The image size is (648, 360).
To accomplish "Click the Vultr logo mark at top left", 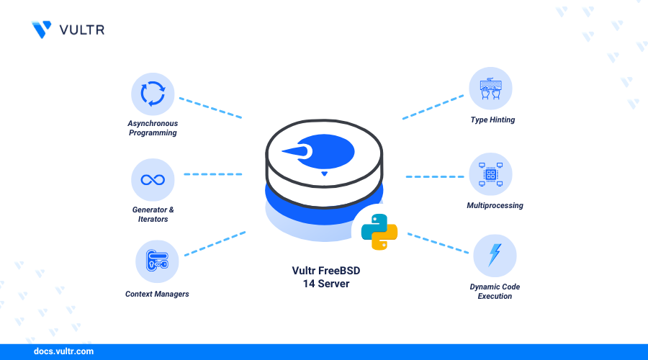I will (42, 29).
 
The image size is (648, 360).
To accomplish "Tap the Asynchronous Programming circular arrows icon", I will (153, 94).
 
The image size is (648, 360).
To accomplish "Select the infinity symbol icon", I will (153, 179).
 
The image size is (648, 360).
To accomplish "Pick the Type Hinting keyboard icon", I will (490, 89).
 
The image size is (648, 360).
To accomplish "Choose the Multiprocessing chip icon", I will (490, 174).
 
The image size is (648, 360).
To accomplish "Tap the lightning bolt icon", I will (495, 256).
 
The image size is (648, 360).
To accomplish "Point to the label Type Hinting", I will (493, 120).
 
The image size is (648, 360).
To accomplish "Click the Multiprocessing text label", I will (495, 205).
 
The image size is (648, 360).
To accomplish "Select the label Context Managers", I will (157, 294).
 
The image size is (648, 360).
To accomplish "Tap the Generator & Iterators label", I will (153, 214).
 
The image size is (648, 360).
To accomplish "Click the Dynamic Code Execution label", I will (495, 291).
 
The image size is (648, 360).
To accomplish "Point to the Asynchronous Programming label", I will (152, 127).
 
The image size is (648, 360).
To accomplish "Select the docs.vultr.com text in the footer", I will (63, 352).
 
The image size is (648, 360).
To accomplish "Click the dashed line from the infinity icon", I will (213, 174).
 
